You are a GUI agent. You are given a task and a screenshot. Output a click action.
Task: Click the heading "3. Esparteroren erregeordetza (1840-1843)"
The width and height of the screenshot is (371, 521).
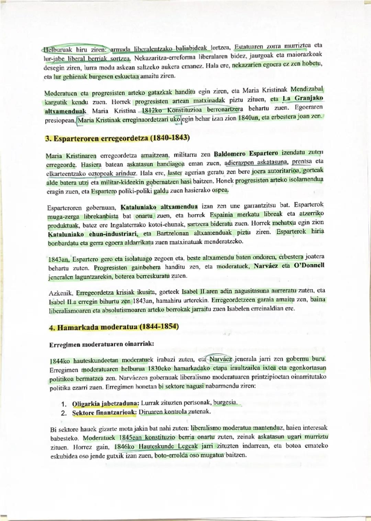(117, 138)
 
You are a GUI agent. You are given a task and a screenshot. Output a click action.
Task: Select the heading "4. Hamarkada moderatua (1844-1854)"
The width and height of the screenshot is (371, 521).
(114, 327)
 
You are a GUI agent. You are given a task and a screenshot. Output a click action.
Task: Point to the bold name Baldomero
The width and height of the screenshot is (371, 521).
(229, 154)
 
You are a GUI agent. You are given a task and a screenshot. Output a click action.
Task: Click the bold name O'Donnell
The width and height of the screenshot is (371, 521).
(309, 266)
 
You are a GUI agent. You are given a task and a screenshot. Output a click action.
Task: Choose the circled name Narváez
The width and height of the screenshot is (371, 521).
(221, 358)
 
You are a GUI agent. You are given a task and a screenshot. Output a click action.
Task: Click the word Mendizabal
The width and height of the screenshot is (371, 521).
(307, 90)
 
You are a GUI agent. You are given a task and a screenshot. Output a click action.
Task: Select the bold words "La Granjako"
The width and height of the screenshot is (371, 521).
(303, 99)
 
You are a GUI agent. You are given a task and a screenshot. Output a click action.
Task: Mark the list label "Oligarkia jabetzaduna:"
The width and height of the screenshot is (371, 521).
(105, 403)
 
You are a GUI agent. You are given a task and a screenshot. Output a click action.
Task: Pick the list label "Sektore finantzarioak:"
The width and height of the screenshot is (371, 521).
(104, 412)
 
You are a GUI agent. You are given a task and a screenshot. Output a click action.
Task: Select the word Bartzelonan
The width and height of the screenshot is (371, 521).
(172, 233)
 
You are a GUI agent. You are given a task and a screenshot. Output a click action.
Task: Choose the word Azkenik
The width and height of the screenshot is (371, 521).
(61, 293)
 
